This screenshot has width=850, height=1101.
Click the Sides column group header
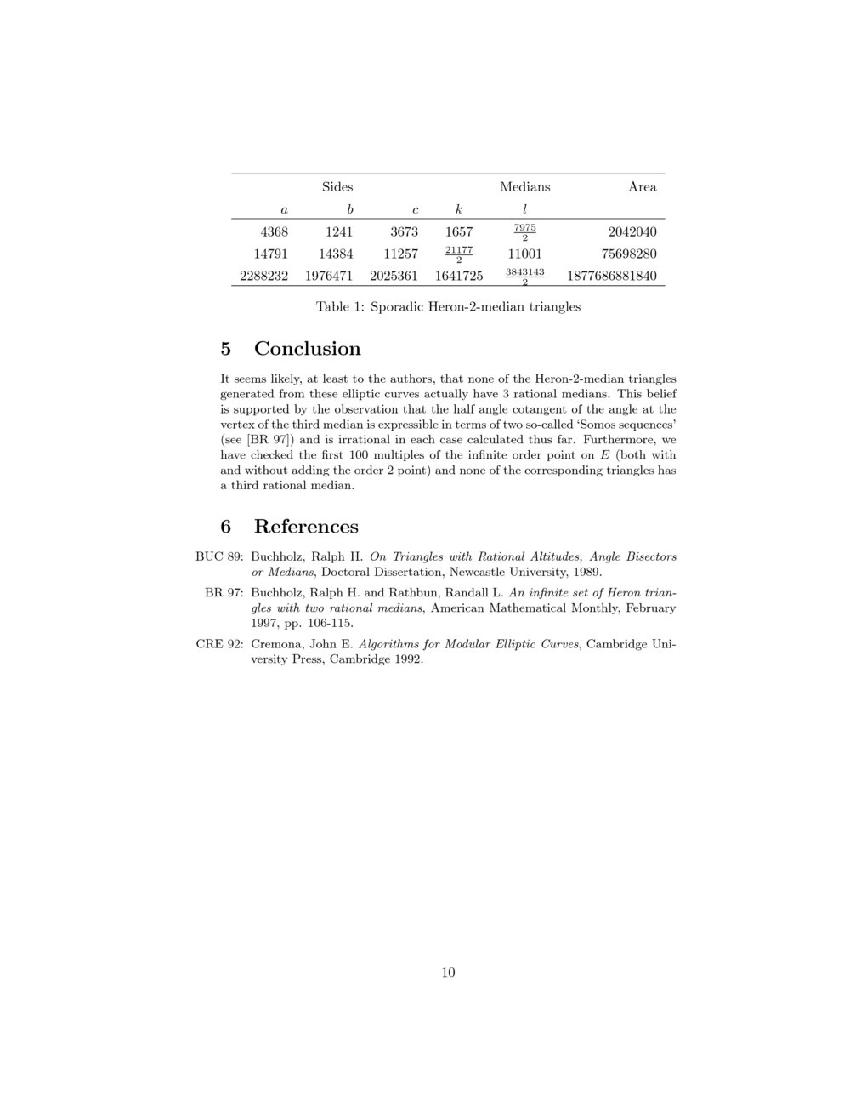pyautogui.click(x=337, y=187)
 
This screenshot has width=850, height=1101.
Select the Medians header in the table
pyautogui.click(x=524, y=187)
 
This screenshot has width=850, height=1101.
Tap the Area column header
pyautogui.click(x=642, y=187)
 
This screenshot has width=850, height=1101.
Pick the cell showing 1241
pyautogui.click(x=339, y=231)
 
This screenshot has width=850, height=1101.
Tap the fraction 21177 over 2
pyautogui.click(x=459, y=254)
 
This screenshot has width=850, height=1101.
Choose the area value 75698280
pyautogui.click(x=629, y=254)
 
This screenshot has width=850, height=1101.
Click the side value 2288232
pyautogui.click(x=264, y=276)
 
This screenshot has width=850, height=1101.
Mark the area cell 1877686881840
pyautogui.click(x=605, y=276)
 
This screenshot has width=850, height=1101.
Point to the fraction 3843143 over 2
pyautogui.click(x=524, y=276)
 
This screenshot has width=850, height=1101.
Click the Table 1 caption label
pyautogui.click(x=341, y=307)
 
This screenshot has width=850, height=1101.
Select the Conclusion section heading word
pyautogui.click(x=307, y=349)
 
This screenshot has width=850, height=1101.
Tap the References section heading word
pyautogui.click(x=306, y=527)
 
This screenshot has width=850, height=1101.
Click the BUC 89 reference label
pyautogui.click(x=219, y=557)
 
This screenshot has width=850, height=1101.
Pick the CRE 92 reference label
pyautogui.click(x=220, y=644)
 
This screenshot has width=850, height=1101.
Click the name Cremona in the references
pyautogui.click(x=279, y=644)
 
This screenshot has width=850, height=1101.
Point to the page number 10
pyautogui.click(x=448, y=973)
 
